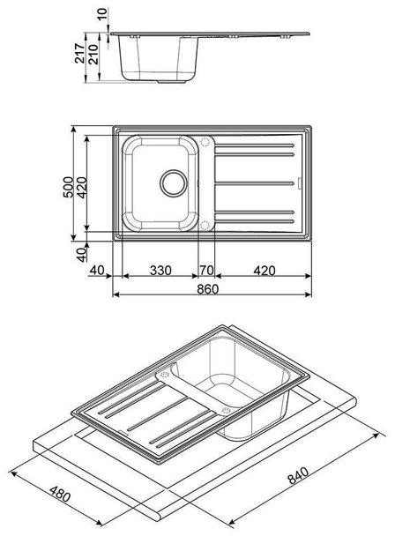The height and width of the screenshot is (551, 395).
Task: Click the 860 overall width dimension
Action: point(208,289)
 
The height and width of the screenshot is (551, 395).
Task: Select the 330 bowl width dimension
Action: point(160,271)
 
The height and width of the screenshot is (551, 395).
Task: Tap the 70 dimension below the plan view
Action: point(206,271)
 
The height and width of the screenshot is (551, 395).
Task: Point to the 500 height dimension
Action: point(69,187)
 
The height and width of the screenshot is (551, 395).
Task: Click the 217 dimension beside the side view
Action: point(80,54)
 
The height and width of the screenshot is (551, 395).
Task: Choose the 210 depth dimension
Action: point(93,54)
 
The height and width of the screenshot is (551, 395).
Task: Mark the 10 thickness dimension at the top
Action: point(101,14)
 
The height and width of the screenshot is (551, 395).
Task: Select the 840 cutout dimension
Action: point(298,475)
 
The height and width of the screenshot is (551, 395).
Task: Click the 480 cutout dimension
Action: point(60,494)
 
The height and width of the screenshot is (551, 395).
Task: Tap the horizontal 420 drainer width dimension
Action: point(265,271)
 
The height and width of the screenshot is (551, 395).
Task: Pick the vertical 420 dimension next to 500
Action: point(81,187)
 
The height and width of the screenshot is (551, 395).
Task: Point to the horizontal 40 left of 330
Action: point(97,271)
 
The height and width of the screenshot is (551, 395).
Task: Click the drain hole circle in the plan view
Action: point(174,183)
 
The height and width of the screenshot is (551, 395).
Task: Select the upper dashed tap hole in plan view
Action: point(205,142)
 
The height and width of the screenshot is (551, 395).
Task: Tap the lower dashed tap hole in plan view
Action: point(205,226)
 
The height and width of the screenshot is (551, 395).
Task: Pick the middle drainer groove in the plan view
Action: point(254,183)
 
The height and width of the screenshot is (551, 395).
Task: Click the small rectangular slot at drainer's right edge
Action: point(300,183)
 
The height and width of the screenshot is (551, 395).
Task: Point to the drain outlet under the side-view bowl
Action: point(171,81)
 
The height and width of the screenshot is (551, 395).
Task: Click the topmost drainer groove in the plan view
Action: point(254,145)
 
